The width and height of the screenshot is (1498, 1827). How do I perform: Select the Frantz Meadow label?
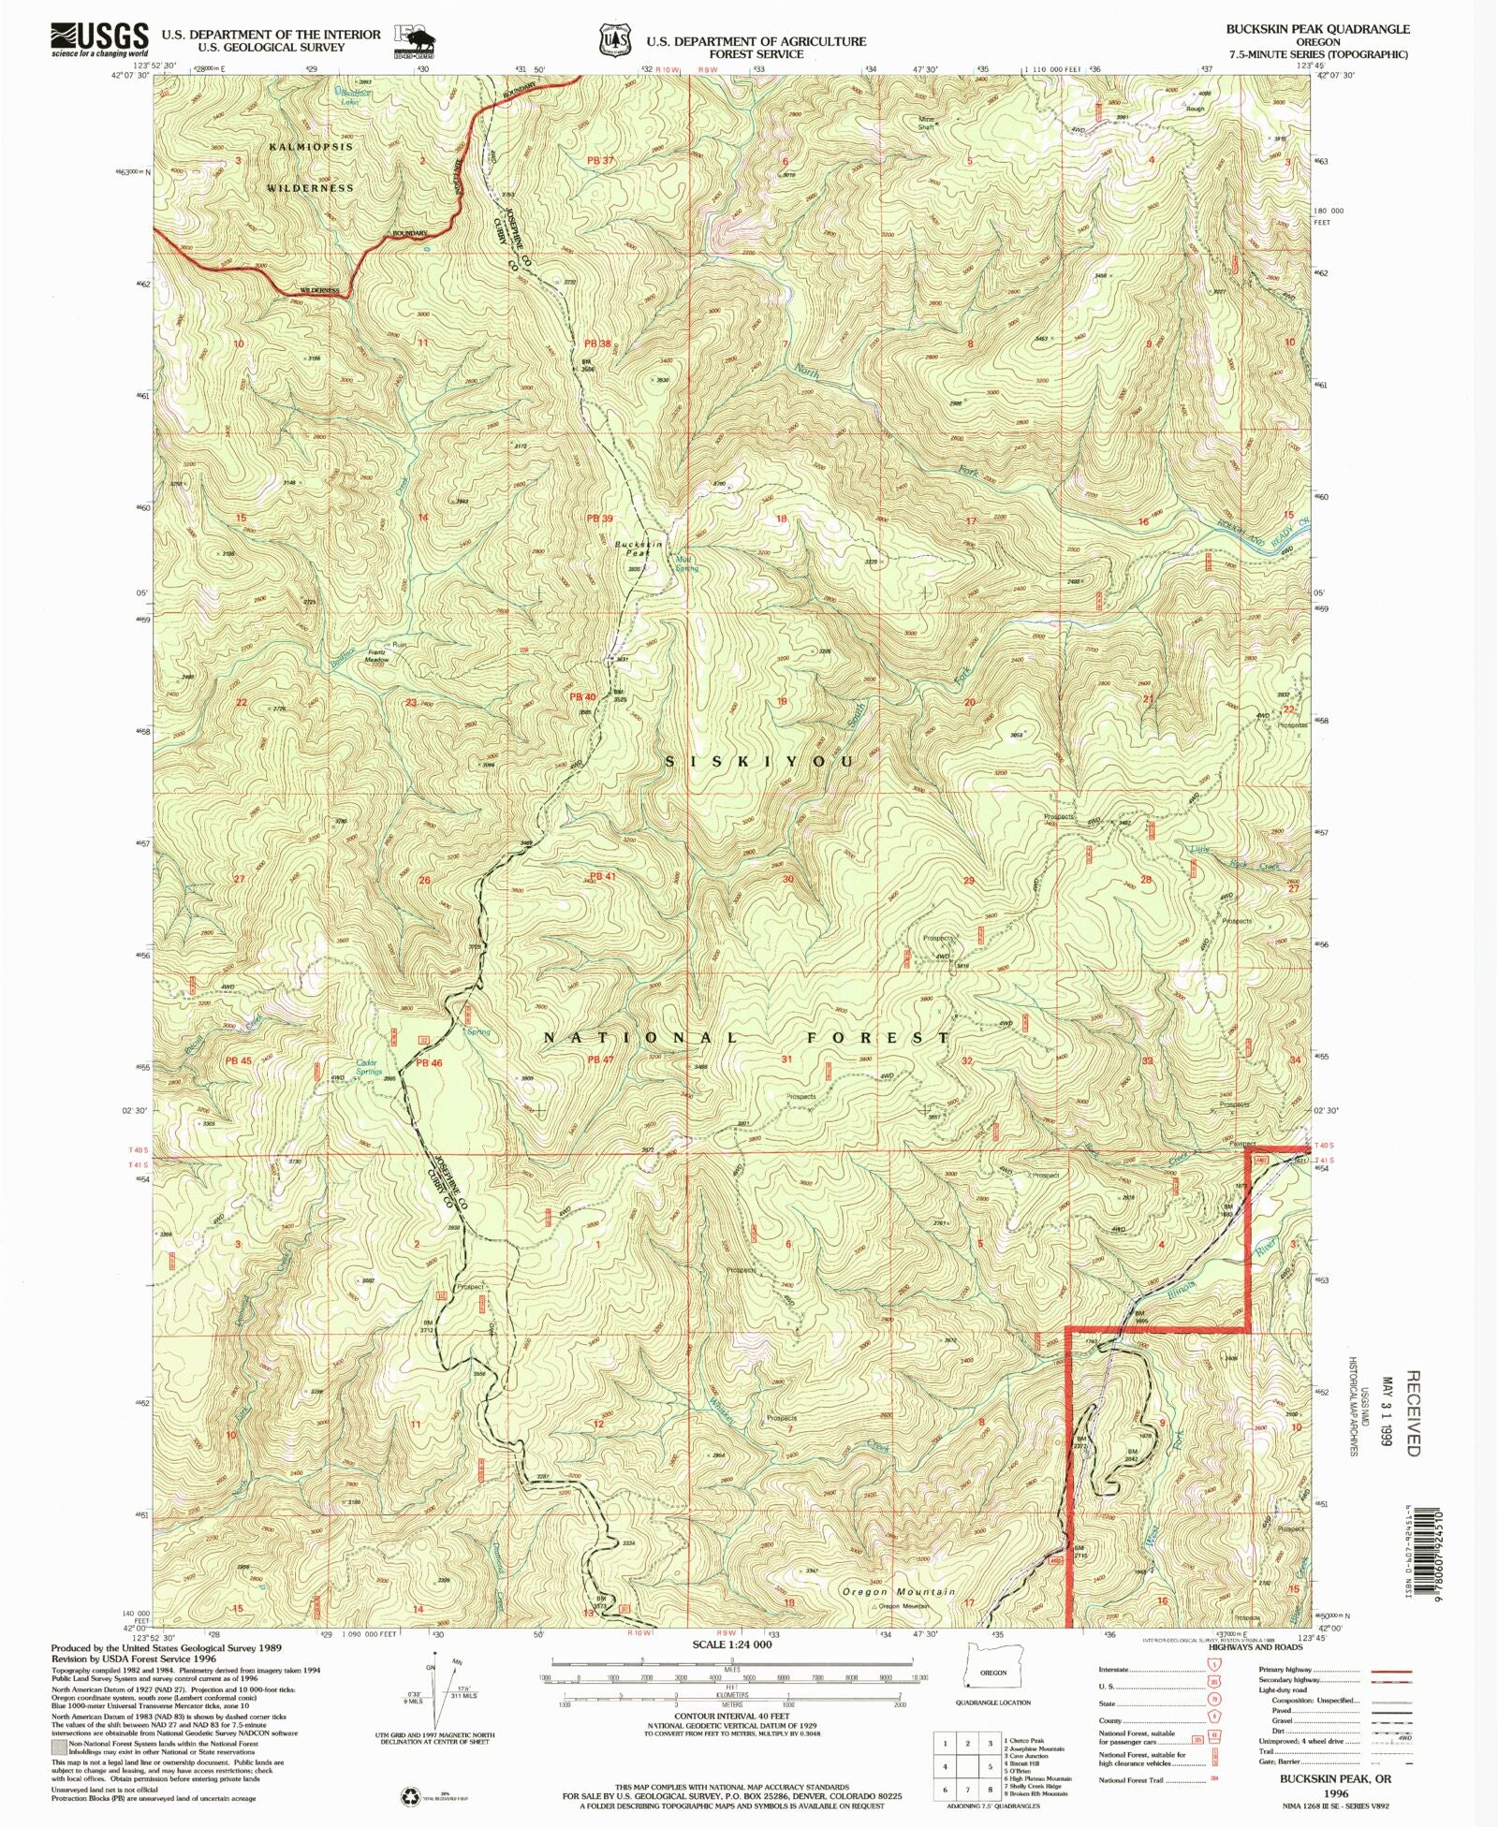[376, 656]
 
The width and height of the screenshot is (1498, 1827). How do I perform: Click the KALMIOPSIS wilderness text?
[312, 148]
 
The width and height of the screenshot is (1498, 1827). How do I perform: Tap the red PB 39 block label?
[599, 519]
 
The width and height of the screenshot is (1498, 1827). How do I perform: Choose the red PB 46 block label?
[428, 1063]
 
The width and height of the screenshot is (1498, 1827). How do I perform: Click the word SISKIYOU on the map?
[760, 763]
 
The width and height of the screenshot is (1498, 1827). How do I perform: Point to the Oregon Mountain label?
[899, 1592]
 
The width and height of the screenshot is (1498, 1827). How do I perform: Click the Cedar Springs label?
[367, 1067]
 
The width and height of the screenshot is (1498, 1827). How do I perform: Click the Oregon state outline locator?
[992, 1672]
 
